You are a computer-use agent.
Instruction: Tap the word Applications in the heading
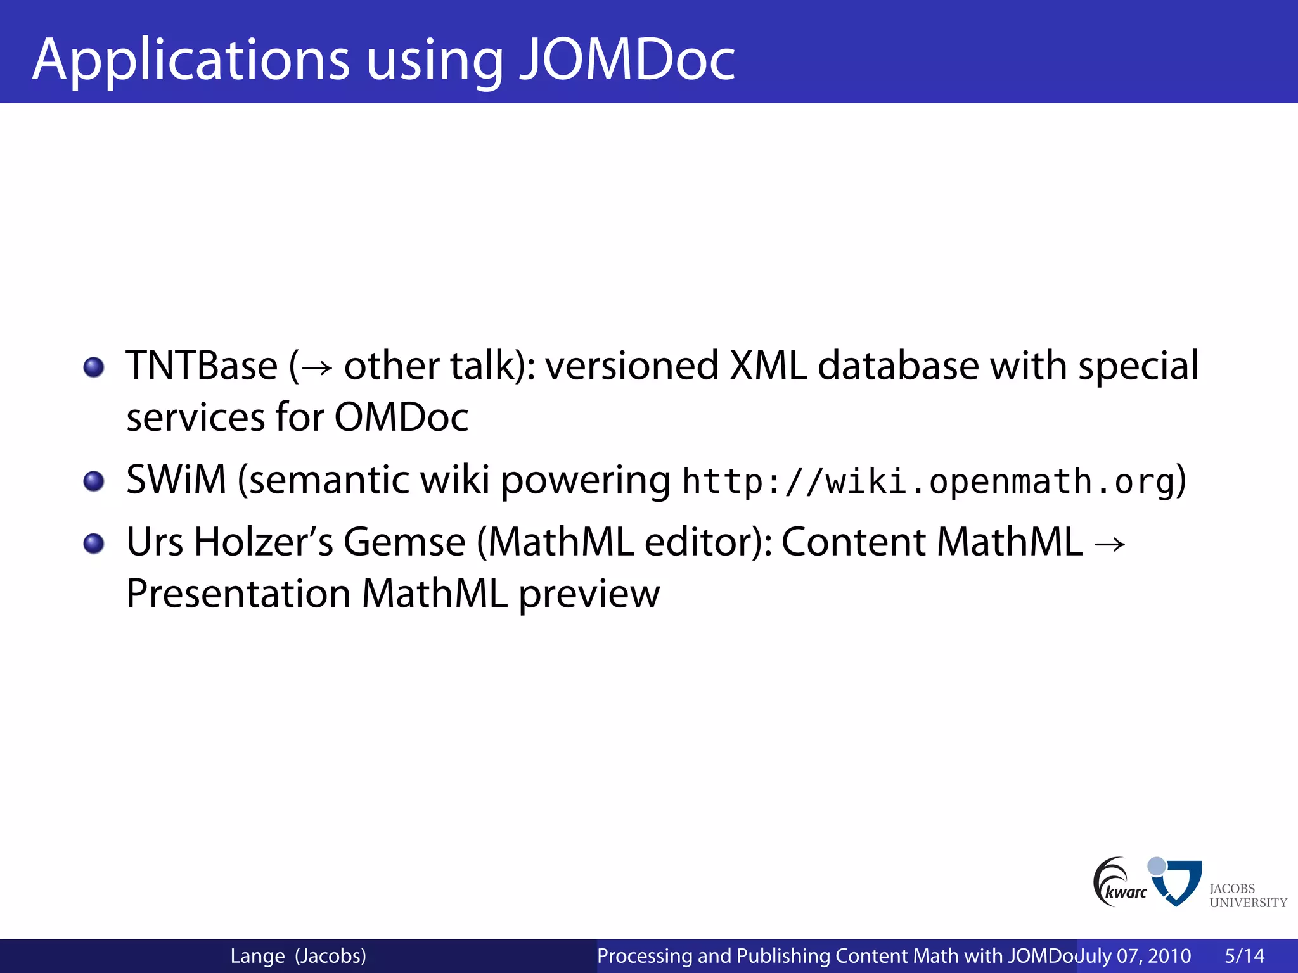point(190,60)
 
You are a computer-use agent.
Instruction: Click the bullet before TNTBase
point(94,367)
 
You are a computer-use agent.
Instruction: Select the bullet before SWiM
point(94,481)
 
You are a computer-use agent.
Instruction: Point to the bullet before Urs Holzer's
point(94,543)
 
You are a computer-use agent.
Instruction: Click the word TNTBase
point(202,366)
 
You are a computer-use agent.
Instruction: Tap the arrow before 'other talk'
point(317,368)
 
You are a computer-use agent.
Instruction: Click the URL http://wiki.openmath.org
point(929,481)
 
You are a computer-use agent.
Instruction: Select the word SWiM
point(176,480)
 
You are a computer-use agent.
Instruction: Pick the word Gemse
point(404,542)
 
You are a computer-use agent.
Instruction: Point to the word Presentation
point(238,594)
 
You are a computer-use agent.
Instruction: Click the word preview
point(589,595)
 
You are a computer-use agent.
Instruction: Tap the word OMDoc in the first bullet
point(401,417)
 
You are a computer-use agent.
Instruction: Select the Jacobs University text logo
point(1247,896)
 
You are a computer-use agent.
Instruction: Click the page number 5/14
point(1244,956)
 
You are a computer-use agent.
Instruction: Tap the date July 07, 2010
point(1134,956)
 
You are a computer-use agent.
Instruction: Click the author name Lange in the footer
point(257,956)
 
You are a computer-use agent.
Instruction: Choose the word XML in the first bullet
point(768,366)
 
